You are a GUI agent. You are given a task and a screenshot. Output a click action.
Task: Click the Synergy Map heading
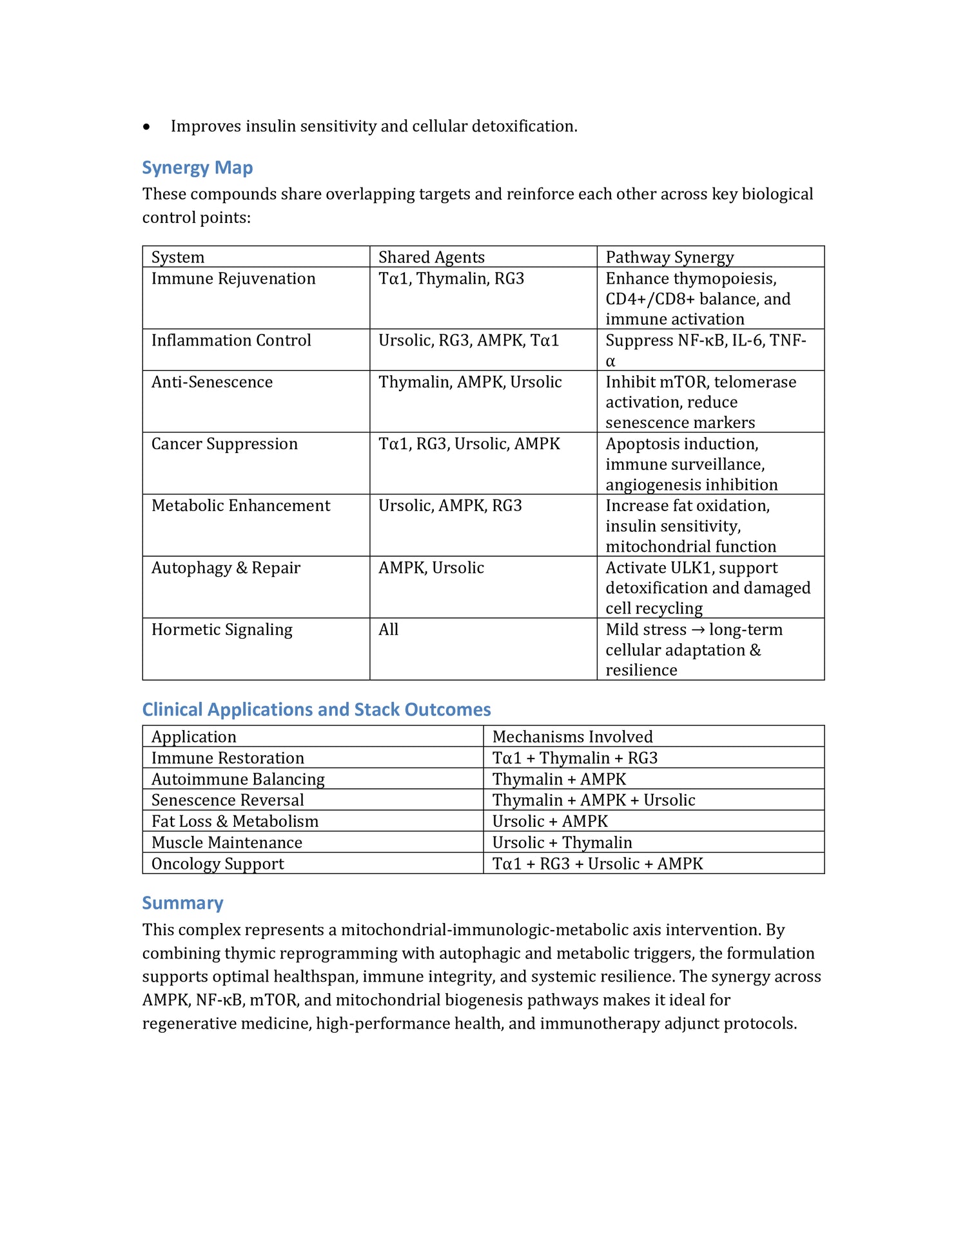tap(197, 168)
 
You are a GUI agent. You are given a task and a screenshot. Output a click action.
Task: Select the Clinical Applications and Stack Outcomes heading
tap(316, 710)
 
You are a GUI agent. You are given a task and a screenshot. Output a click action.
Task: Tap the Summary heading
tap(182, 903)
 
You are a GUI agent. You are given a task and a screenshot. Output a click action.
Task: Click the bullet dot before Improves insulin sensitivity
tap(147, 127)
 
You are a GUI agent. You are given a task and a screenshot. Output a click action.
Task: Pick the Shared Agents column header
tap(431, 257)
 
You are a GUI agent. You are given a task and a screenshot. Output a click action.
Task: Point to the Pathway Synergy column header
tap(669, 257)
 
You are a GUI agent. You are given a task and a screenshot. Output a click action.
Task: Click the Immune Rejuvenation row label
tap(233, 278)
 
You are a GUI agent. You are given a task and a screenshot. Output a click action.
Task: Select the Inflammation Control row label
tap(231, 340)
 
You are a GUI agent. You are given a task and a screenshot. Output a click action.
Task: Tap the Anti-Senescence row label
tap(212, 382)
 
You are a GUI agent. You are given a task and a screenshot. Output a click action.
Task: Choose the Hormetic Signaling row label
tap(222, 630)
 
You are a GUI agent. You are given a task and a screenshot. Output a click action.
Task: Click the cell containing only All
tap(388, 630)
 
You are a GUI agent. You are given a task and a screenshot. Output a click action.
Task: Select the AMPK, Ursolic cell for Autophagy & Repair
tap(431, 568)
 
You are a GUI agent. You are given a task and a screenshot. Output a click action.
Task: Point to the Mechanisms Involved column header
tap(572, 737)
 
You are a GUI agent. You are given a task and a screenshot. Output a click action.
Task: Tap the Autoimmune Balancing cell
tap(238, 779)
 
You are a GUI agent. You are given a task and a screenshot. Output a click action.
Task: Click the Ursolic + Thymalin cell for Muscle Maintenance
tap(562, 842)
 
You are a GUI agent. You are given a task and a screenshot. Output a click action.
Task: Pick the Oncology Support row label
tap(217, 864)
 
